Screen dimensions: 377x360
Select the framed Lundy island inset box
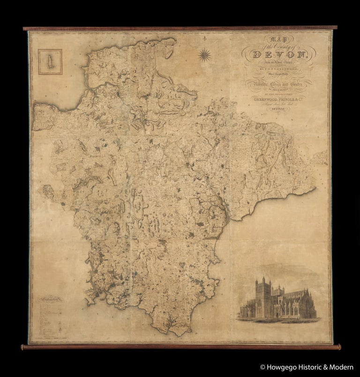pos(50,62)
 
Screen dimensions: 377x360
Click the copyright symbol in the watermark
pos(262,367)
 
